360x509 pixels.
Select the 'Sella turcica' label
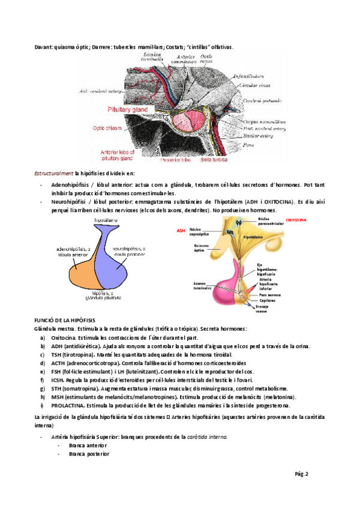[x=214, y=160]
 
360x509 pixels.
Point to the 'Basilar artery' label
[x=257, y=136]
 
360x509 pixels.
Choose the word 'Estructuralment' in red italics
[x=53, y=173]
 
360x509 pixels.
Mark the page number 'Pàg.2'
[x=301, y=474]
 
